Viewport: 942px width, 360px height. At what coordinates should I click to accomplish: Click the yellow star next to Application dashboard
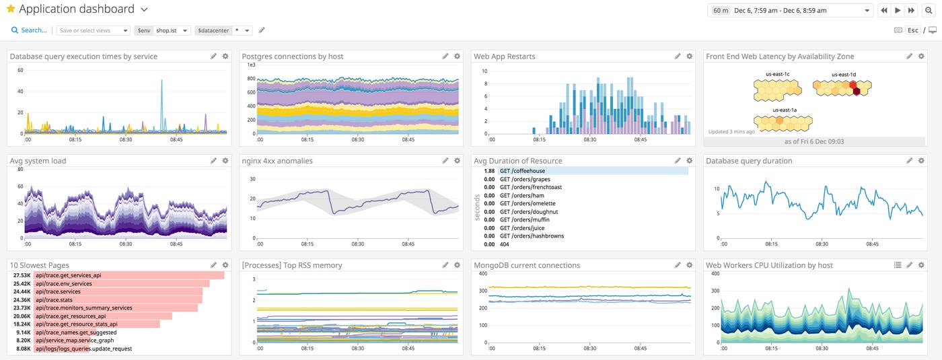pyautogui.click(x=10, y=9)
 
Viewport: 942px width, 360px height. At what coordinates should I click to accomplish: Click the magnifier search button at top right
pyautogui.click(x=929, y=10)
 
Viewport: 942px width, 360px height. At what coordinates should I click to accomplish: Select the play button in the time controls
pyautogui.click(x=898, y=10)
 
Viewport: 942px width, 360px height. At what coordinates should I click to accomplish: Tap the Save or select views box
pyautogui.click(x=94, y=30)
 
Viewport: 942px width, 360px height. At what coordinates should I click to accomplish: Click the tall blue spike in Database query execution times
pyautogui.click(x=161, y=101)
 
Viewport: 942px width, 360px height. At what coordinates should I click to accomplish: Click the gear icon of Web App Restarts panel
pyautogui.click(x=689, y=57)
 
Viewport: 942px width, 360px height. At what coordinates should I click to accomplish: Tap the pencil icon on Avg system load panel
pyautogui.click(x=213, y=161)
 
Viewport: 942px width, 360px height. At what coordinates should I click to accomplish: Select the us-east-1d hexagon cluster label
pyautogui.click(x=843, y=75)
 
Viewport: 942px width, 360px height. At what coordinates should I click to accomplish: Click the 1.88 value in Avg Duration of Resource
pyautogui.click(x=488, y=172)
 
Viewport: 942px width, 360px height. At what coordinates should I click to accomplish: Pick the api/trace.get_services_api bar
pyautogui.click(x=128, y=275)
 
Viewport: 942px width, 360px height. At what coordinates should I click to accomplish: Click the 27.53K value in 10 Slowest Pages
pyautogui.click(x=22, y=275)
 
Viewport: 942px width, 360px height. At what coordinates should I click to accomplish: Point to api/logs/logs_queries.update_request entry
pyautogui.click(x=83, y=349)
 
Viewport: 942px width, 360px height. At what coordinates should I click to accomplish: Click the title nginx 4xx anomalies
pyautogui.click(x=277, y=161)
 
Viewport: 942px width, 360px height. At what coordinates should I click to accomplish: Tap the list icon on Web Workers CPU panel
pyautogui.click(x=897, y=265)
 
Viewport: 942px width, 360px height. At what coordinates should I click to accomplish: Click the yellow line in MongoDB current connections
pyautogui.click(x=585, y=287)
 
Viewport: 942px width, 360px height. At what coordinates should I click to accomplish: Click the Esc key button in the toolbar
pyautogui.click(x=913, y=30)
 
